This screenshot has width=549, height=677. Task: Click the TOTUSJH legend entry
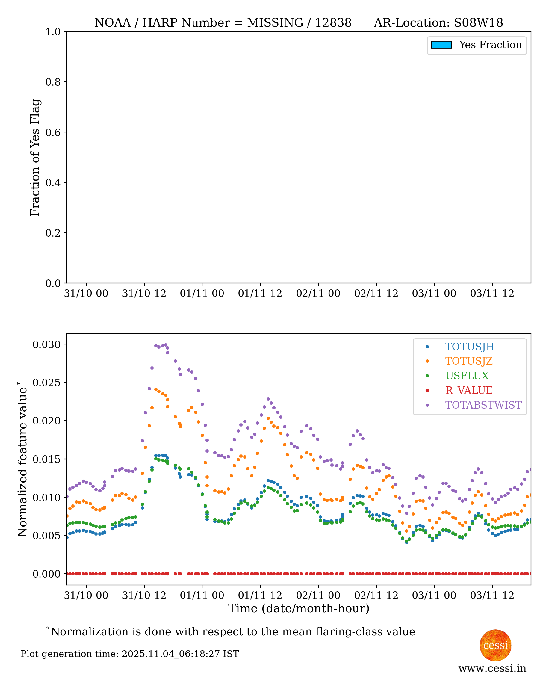pos(469,347)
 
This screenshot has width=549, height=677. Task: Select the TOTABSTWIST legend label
pos(483,405)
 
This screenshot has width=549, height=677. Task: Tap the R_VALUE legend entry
pos(469,391)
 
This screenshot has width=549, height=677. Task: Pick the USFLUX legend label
pos(467,376)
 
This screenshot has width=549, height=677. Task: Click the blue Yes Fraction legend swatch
pos(441,45)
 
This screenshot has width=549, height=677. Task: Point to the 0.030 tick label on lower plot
pos(46,344)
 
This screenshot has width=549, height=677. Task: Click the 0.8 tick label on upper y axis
pos(53,82)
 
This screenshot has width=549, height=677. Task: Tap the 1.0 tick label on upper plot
pos(53,32)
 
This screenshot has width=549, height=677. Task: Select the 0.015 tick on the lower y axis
pos(46,459)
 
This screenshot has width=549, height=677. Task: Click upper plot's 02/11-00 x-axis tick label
pos(318,294)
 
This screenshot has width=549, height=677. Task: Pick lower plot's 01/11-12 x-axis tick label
pos(260,596)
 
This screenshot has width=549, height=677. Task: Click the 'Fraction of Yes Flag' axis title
pos(35,158)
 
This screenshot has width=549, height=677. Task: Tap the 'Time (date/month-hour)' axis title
pos(299,608)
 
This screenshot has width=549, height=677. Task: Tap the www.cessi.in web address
pos(492,668)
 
